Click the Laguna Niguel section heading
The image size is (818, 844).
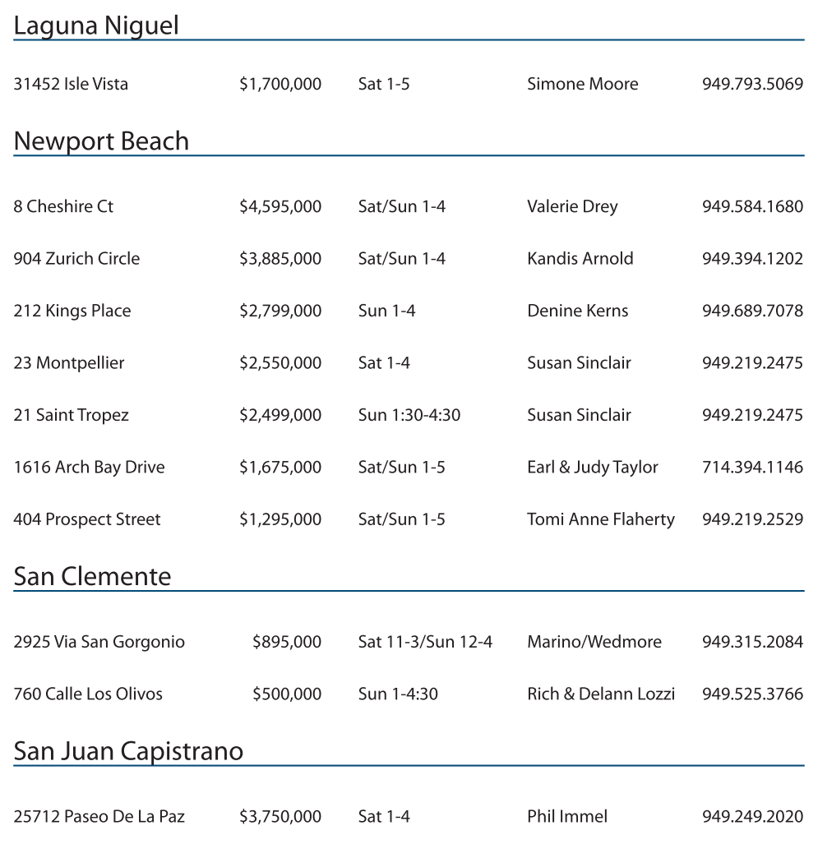[x=96, y=25]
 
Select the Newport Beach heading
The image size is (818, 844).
[x=101, y=141]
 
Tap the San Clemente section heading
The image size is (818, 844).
[x=92, y=576]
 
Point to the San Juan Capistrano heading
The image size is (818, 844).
[x=128, y=751]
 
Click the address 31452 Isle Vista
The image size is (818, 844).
[x=71, y=84]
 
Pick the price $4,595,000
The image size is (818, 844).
[x=280, y=206]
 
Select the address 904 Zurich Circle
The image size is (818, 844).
[x=76, y=259]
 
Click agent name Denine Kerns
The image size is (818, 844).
[x=577, y=311]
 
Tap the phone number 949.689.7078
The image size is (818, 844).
[x=752, y=311]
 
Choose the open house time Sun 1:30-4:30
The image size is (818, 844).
[x=409, y=415]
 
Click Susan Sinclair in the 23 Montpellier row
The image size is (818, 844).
[x=579, y=362]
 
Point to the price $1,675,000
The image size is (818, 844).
[x=280, y=468]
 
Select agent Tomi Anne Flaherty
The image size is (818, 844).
[x=600, y=519]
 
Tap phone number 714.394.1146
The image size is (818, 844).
[x=752, y=468]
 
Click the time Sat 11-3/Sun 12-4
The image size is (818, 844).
[x=425, y=642]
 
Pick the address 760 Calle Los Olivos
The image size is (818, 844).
[x=88, y=694]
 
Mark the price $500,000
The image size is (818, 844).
[x=287, y=694]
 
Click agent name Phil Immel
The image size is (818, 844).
[x=567, y=816]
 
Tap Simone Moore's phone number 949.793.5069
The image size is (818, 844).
[x=752, y=84]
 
